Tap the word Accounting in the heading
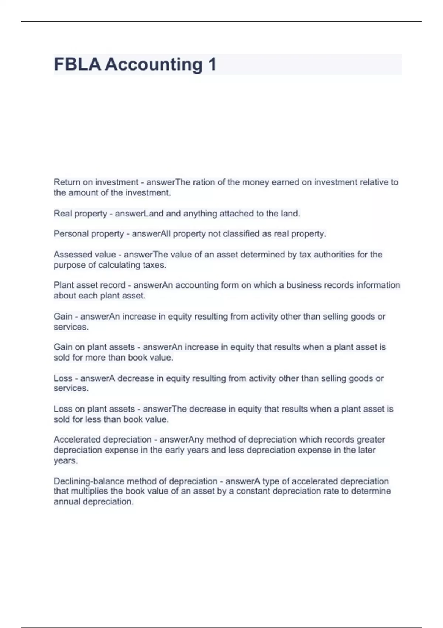[x=154, y=64]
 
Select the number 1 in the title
[x=212, y=64]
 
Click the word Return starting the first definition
[x=67, y=182]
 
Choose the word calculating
[x=119, y=265]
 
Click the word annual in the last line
[x=67, y=502]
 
